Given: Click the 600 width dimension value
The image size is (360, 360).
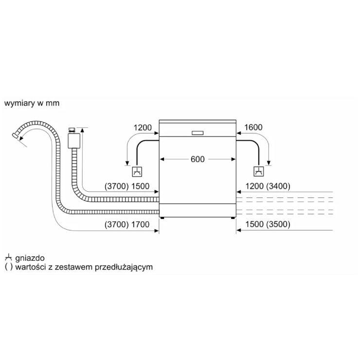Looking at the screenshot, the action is [198, 159].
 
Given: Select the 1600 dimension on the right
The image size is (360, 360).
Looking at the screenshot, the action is [253, 127].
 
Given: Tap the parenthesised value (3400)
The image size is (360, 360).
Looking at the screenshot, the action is [278, 186].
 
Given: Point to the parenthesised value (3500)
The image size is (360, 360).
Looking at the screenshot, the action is [278, 224].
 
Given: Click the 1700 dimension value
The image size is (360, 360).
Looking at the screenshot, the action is [140, 224].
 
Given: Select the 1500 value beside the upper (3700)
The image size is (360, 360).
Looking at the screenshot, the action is [140, 186].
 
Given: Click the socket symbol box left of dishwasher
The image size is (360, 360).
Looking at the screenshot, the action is [137, 172].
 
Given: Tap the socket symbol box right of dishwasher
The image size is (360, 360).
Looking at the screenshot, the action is [258, 172].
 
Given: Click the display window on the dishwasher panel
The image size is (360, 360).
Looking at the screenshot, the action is [198, 133].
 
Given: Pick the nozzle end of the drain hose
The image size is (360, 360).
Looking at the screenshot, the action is [15, 135].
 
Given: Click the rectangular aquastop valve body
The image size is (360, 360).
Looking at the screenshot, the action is [73, 141].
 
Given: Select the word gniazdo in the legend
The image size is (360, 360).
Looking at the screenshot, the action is [30, 258].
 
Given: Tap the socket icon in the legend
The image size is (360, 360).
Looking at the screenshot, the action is [8, 257].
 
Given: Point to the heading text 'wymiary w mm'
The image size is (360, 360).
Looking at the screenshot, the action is [32, 103].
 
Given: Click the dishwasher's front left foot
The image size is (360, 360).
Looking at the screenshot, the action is [162, 218].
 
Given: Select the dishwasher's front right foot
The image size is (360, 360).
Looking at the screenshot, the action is [233, 218].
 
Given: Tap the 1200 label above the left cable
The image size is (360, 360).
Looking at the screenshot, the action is [143, 127].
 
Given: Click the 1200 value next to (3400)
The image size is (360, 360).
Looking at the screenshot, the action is [254, 186].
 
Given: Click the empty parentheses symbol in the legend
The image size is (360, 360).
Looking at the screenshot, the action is [8, 267].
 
